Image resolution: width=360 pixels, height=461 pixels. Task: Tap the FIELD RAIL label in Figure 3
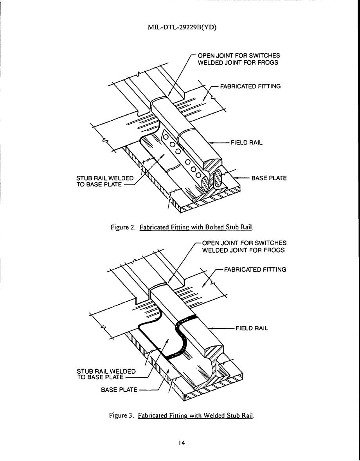(x=252, y=328)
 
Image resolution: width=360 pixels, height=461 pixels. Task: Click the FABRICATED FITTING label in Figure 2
(x=250, y=86)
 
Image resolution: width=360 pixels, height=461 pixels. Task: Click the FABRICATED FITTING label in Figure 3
(x=255, y=269)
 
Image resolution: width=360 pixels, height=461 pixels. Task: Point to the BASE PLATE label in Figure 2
(x=269, y=178)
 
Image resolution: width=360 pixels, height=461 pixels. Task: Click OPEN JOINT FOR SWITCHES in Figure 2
(x=239, y=56)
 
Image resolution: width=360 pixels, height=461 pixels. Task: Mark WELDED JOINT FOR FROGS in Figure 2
(x=238, y=63)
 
